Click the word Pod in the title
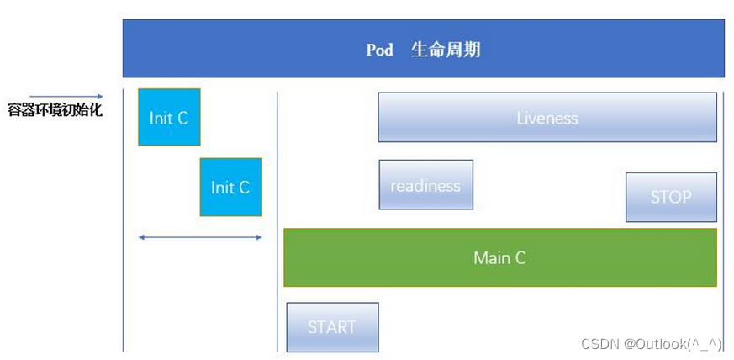pos(379,50)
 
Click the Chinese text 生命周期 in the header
pos(446,50)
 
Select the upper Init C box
pos(169,117)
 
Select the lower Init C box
pos(230,187)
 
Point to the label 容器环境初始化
pos(55,110)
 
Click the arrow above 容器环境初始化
pos(66,96)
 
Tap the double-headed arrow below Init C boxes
pos(200,237)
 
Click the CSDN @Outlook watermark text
pos(652,343)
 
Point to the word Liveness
pos(547,118)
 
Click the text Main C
pos(499,257)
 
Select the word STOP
pos(671,197)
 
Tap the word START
pos(332,327)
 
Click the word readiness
pos(425,185)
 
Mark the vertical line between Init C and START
pos(277,219)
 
